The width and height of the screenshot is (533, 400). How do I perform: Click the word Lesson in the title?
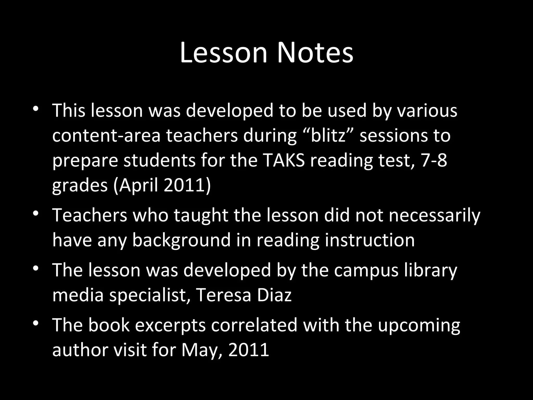coord(224,53)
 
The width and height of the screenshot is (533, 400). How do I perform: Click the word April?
coord(139,185)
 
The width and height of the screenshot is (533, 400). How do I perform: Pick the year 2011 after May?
coord(249,349)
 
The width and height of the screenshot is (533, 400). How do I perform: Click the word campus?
coord(366,270)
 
